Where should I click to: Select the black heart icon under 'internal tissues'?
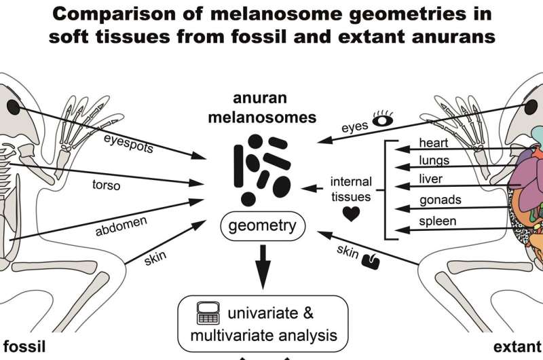pyautogui.click(x=351, y=213)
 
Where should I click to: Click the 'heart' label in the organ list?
pyautogui.click(x=433, y=143)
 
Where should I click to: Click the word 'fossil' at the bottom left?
pyautogui.click(x=22, y=346)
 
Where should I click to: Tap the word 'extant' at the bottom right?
pyautogui.click(x=517, y=346)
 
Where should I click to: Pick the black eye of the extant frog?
pyautogui.click(x=531, y=107)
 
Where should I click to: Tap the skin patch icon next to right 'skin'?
pyautogui.click(x=372, y=259)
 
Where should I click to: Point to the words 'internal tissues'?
pyautogui.click(x=351, y=190)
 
